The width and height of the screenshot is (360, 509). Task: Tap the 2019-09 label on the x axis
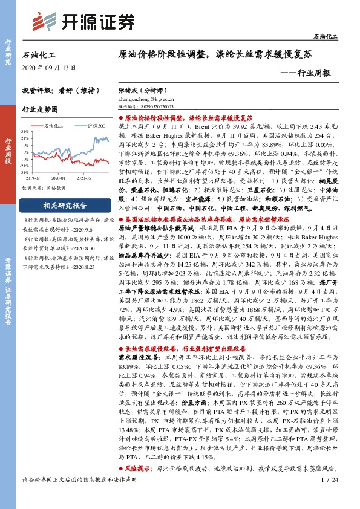click(33, 177)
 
